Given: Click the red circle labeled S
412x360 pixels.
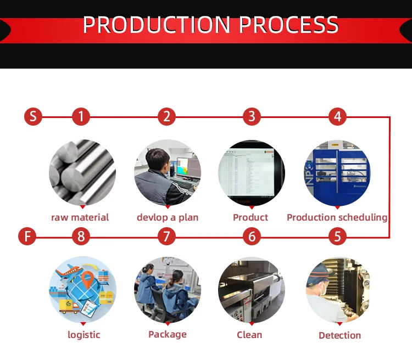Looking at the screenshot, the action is [x=33, y=116].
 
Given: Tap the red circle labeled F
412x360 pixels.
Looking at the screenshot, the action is [x=27, y=237].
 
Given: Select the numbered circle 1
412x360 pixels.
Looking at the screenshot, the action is [x=81, y=116].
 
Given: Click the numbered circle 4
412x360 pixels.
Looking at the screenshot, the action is [x=337, y=116].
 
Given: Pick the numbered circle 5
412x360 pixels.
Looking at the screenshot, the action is [x=337, y=237].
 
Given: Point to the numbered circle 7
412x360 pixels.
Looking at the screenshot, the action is [x=166, y=237].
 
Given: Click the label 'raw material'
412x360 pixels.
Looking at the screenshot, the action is [x=80, y=217].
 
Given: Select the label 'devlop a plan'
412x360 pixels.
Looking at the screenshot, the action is [x=168, y=217].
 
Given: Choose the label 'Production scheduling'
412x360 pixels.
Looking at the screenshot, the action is [x=337, y=217].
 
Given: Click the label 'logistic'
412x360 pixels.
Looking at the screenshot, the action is [x=84, y=335].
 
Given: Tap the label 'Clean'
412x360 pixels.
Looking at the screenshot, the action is [x=249, y=335].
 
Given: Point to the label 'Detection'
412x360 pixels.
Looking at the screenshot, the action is [x=340, y=335].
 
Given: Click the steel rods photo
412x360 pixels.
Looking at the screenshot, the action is [x=82, y=172].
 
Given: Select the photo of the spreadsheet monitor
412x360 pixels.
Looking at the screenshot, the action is [x=252, y=172].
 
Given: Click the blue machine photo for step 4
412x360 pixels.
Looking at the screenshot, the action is [x=337, y=172].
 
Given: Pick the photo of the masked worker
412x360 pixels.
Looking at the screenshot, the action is [x=337, y=289].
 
